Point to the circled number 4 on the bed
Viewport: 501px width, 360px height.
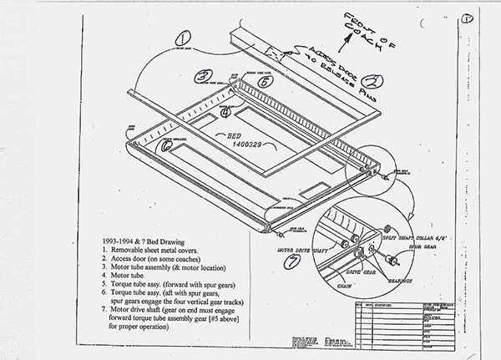(x=225, y=113)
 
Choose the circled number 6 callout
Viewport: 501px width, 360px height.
(x=166, y=145)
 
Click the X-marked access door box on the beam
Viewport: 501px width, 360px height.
(x=273, y=50)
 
